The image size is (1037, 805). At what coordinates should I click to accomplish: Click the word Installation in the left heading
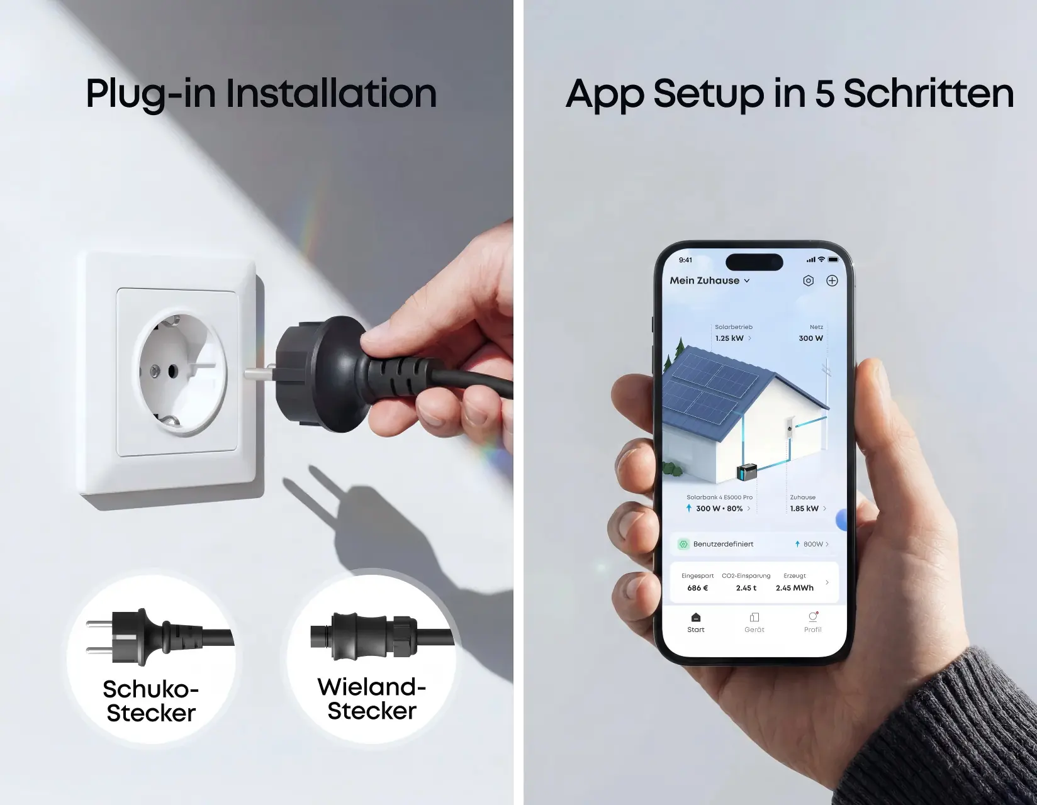click(331, 93)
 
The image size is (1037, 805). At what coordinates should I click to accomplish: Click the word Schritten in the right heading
click(929, 93)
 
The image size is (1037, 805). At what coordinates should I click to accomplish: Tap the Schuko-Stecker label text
click(151, 701)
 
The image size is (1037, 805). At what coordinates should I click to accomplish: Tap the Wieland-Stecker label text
click(371, 699)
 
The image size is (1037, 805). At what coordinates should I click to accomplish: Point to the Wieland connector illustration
click(382, 637)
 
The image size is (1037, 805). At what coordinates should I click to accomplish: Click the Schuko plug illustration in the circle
click(160, 637)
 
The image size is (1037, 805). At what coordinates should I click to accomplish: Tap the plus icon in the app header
click(832, 280)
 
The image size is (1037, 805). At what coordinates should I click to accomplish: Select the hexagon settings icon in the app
click(808, 280)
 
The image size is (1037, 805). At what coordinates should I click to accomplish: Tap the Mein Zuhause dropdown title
click(709, 280)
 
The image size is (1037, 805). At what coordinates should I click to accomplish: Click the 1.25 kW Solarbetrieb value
click(729, 338)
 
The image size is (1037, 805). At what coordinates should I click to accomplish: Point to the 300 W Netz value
click(811, 338)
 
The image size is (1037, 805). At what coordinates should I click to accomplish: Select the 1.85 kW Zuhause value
click(804, 508)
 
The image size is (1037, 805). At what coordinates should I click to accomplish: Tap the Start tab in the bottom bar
click(696, 623)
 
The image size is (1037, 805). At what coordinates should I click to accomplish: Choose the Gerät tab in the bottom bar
click(754, 623)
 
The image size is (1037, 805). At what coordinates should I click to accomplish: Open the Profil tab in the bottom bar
click(813, 623)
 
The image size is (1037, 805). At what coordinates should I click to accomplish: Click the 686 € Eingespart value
click(697, 588)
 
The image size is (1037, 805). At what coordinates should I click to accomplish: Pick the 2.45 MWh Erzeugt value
click(795, 588)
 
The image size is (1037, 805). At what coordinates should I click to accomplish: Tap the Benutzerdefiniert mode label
click(723, 544)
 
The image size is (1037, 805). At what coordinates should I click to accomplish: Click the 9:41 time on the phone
click(685, 260)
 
